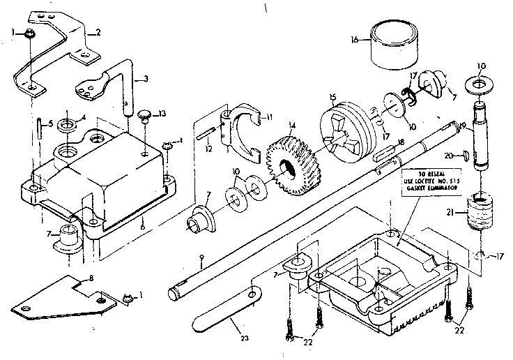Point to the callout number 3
point(145,80)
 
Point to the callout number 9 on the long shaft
point(201,259)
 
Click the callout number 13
point(162,114)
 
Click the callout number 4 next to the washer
point(84,117)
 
